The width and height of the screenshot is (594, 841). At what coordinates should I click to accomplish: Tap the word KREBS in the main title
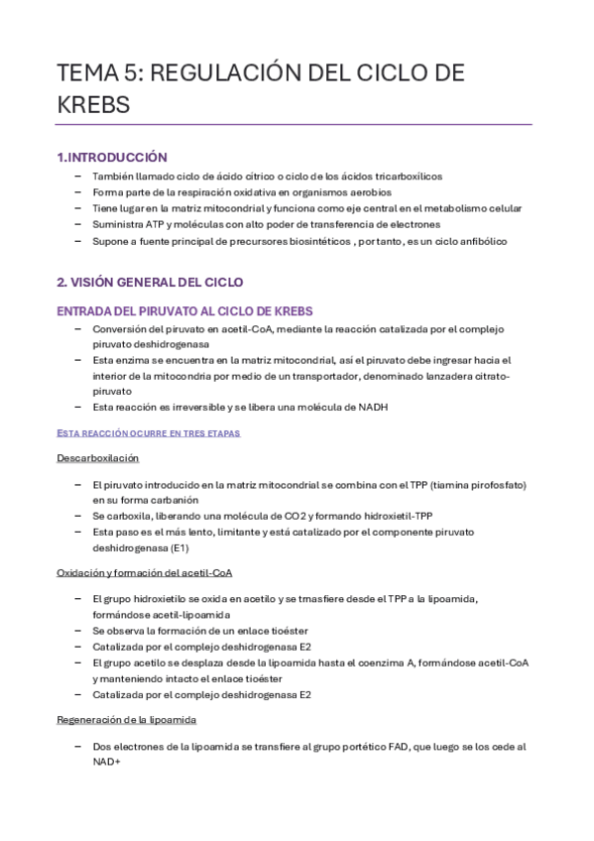click(92, 104)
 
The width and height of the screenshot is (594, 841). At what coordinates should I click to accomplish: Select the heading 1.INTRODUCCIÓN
click(112, 157)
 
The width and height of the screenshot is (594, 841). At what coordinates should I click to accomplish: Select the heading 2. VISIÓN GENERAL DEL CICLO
click(150, 283)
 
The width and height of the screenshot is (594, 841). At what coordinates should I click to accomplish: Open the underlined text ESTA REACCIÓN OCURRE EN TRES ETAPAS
click(148, 433)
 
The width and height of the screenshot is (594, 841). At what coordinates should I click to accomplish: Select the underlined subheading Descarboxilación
click(97, 458)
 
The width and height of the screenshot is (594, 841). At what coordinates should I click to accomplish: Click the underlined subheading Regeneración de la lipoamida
click(126, 719)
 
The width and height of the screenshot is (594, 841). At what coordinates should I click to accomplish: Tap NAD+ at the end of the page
click(106, 762)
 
